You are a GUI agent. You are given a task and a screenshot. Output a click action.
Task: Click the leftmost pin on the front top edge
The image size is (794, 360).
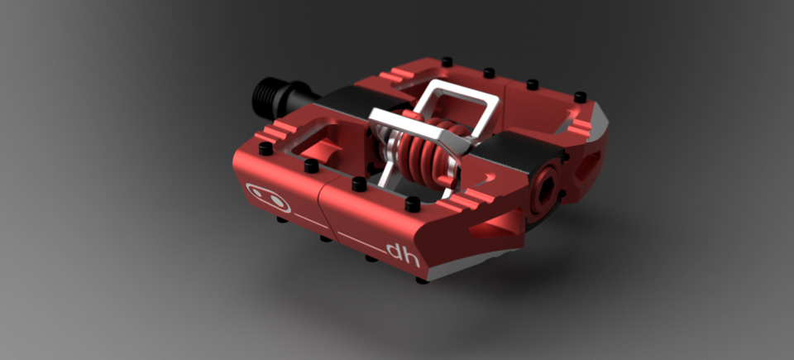[265, 148]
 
